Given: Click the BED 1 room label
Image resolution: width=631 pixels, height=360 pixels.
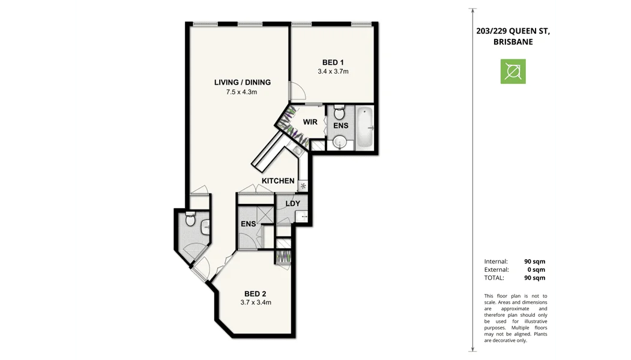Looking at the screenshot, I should coord(333,62).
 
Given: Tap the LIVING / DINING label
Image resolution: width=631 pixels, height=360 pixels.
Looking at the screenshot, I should coord(242,82).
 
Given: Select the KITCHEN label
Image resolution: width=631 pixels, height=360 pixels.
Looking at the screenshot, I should coord(278,181).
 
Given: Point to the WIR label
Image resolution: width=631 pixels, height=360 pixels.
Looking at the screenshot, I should coord(310,122).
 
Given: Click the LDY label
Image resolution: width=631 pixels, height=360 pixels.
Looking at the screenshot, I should coord(292,203).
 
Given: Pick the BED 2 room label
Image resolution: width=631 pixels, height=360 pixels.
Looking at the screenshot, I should coord(255,293).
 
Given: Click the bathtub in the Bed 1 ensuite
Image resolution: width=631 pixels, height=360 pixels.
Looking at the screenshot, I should coord(364,128).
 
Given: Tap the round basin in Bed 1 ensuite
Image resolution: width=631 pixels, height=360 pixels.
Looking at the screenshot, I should coord(340,142).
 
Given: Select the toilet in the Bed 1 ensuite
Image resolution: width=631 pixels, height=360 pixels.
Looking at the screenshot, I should coord(339,112).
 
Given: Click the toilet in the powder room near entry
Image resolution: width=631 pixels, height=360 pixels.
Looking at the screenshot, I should coord(191,219).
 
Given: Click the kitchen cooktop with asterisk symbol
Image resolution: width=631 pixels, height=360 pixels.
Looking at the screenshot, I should coord(303,186).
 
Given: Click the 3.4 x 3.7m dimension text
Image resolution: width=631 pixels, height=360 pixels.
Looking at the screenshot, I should coord(333,71).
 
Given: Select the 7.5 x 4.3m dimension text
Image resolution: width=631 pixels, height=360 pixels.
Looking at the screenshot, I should coord(242,92).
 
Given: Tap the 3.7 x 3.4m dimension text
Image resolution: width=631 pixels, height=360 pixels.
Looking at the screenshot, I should coord(255,302).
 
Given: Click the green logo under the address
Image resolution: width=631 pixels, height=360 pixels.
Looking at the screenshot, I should coord(513,71).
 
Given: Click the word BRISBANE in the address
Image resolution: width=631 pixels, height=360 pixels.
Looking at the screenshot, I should coord(513,42).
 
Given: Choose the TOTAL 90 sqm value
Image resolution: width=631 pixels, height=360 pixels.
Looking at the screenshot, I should coord(534,278).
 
